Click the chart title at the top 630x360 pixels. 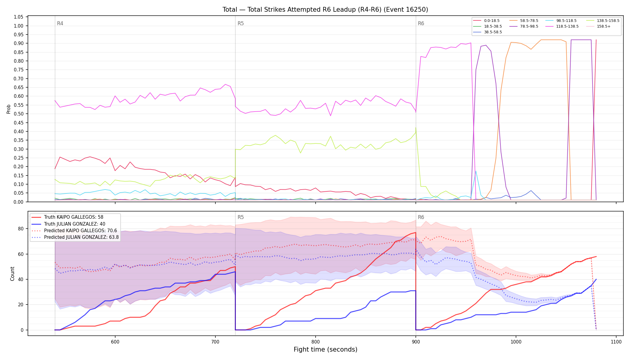[325, 10]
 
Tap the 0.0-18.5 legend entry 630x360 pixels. [486, 21]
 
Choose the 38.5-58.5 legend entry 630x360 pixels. [487, 32]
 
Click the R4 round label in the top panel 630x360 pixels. [60, 23]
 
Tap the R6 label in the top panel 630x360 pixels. [421, 23]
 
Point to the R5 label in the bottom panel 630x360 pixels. [241, 217]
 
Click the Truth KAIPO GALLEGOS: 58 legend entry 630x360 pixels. [73, 217]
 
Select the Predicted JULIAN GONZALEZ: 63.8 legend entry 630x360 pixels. [75, 237]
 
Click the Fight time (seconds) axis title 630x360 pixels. [325, 349]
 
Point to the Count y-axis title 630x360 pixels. [12, 274]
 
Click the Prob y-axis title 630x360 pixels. [9, 109]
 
